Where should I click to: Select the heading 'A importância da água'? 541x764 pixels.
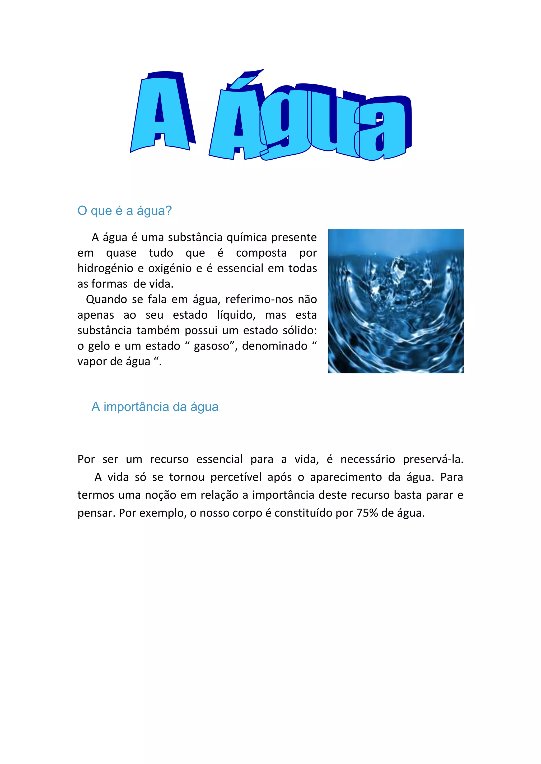coord(155,407)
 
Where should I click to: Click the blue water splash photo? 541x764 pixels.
coord(396,301)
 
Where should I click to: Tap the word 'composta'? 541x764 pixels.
coord(261,253)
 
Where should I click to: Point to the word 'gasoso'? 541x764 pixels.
coord(212,346)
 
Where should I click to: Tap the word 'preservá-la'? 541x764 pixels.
coord(433,460)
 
